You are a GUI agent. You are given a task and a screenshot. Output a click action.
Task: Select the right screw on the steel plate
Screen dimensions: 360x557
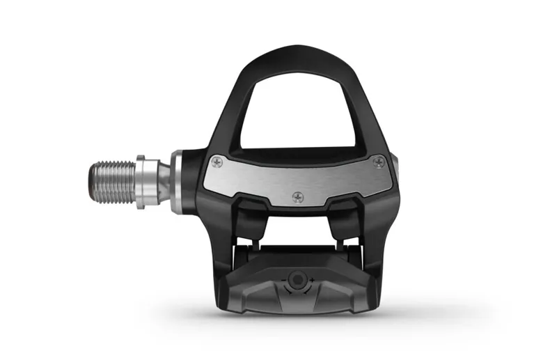point(378,162)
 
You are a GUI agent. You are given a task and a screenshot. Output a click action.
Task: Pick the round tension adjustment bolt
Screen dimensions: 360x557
point(298,280)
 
